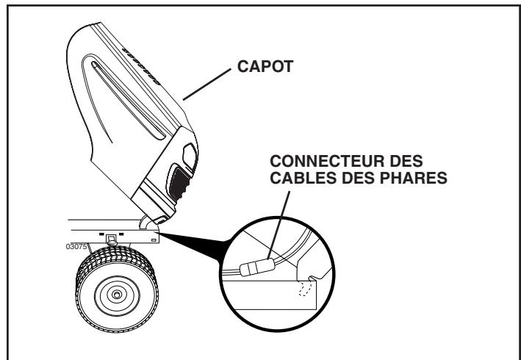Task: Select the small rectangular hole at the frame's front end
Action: click(x=153, y=239)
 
